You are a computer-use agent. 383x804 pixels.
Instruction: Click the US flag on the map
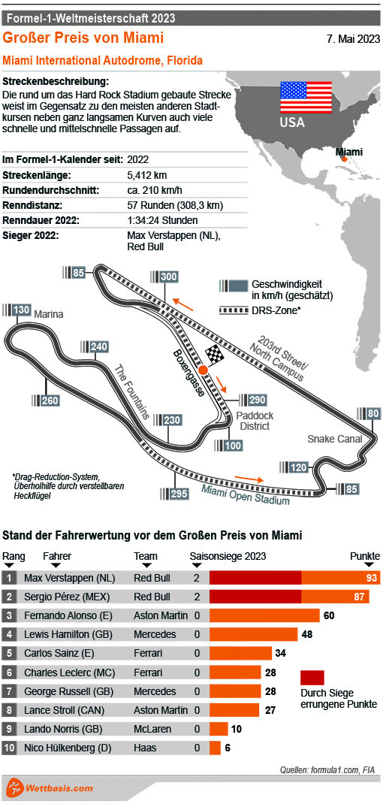tap(306, 96)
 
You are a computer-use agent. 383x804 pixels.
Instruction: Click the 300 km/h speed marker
tap(168, 277)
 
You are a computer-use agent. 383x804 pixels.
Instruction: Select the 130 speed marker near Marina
tap(22, 310)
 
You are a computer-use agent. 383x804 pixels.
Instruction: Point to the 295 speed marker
tap(179, 494)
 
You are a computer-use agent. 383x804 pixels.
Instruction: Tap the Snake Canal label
tap(334, 439)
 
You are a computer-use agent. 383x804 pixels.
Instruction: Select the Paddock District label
tap(254, 421)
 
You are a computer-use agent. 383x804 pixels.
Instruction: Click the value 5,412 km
tap(146, 175)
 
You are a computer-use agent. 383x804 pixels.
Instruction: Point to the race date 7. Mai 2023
tap(352, 39)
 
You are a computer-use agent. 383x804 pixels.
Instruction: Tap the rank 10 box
tap(9, 748)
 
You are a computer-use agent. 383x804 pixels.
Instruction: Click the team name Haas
tap(145, 748)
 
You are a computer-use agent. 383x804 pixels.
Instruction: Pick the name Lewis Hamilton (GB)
tap(68, 634)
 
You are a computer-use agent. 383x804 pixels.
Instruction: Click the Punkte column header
tap(365, 556)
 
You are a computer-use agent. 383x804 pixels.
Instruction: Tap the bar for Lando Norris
tap(219, 729)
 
